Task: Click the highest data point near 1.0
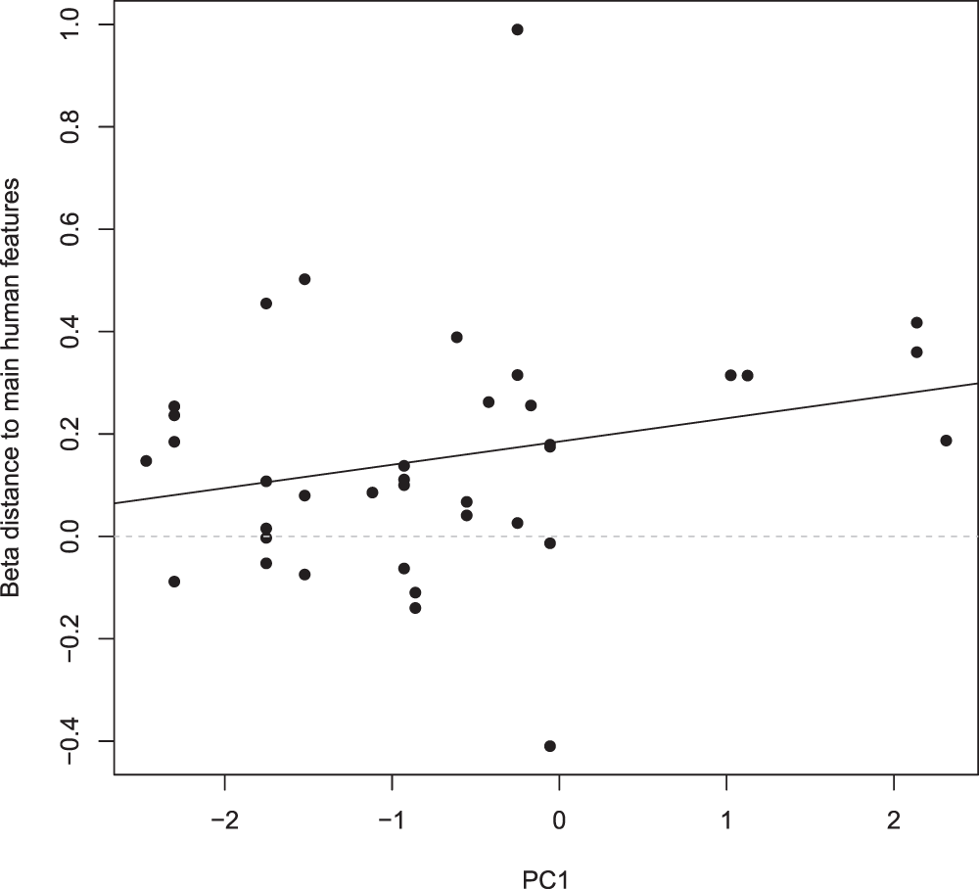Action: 517,29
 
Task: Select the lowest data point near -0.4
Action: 550,746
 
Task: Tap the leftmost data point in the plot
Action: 146,461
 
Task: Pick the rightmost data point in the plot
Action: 946,441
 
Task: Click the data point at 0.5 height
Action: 304,279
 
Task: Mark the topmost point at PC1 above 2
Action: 916,323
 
